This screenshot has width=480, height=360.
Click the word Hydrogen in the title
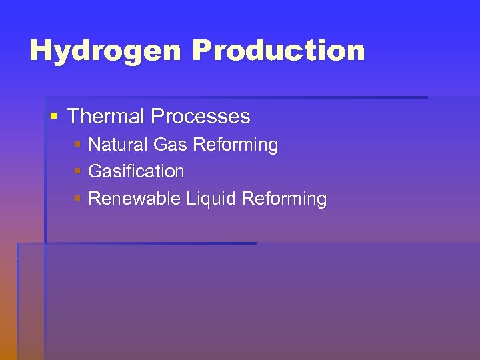pyautogui.click(x=107, y=51)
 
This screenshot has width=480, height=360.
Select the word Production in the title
pyautogui.click(x=279, y=51)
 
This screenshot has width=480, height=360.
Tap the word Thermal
pyautogui.click(x=106, y=117)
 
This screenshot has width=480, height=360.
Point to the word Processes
pyautogui.click(x=201, y=117)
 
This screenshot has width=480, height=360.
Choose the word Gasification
pyautogui.click(x=136, y=171)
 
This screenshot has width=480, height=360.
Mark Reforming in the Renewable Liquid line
pyautogui.click(x=285, y=199)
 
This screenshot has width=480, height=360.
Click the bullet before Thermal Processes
pyautogui.click(x=54, y=117)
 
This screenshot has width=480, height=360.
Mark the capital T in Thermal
pyautogui.click(x=73, y=117)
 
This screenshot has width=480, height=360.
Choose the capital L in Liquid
pyautogui.click(x=191, y=199)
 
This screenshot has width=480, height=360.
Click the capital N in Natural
pyautogui.click(x=95, y=145)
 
